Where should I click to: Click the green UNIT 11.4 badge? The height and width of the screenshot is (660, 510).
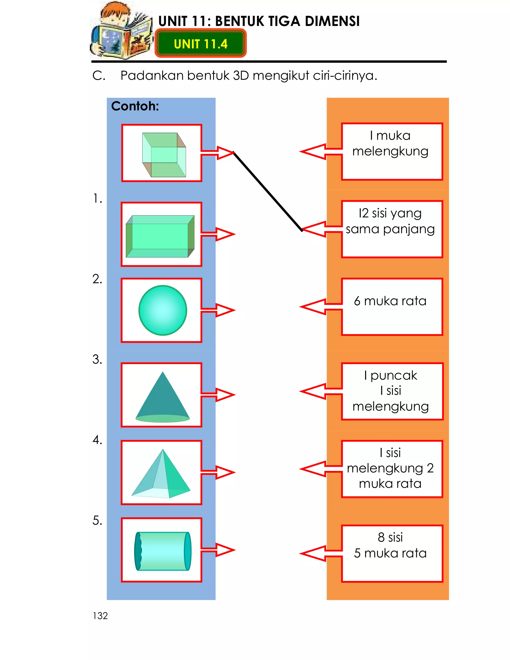point(201,43)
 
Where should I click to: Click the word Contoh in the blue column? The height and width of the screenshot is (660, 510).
point(135,106)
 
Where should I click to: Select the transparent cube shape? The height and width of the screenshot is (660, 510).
point(164,155)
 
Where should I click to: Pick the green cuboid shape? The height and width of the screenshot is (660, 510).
point(160,236)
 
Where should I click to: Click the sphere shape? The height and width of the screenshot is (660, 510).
point(163,310)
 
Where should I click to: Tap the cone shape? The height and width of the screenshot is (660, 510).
point(163,397)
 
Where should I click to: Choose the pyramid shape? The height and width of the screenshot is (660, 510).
point(161,473)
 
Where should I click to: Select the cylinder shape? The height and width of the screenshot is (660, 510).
point(163,551)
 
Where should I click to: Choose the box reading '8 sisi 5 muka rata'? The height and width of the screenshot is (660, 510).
point(392,554)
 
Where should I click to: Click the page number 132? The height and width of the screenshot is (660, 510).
point(100,616)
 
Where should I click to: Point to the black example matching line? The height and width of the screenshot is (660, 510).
point(268,191)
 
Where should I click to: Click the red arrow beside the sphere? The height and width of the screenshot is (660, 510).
point(218,310)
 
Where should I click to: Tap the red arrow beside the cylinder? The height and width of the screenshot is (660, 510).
point(218,550)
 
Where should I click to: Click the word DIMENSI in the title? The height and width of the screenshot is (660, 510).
point(332,21)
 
